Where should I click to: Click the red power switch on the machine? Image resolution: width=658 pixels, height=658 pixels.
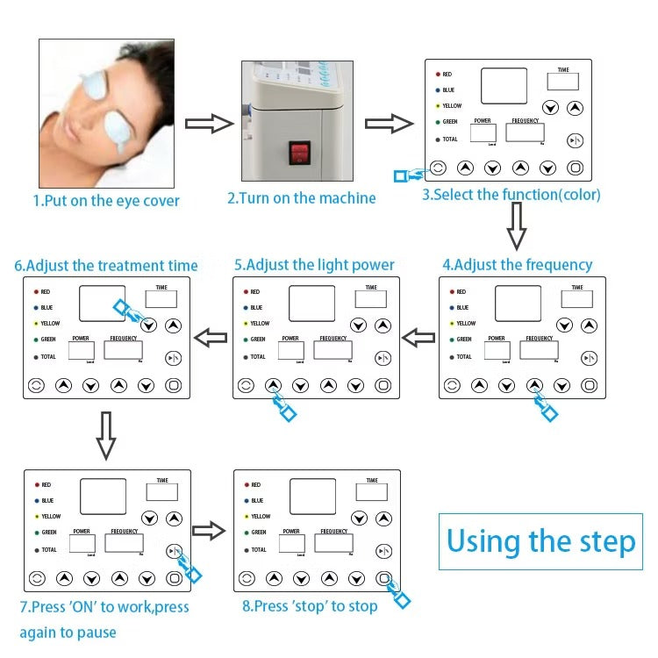click(300, 154)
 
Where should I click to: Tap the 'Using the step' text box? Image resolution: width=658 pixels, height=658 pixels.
click(540, 540)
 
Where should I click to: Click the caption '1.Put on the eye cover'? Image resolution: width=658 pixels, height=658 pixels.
click(106, 201)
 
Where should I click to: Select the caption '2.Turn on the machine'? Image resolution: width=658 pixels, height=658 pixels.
click(301, 198)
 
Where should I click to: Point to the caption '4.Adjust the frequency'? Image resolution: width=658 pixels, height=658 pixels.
click(518, 264)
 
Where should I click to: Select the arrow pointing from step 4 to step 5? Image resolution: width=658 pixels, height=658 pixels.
click(418, 337)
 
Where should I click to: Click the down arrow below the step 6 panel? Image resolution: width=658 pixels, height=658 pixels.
click(105, 436)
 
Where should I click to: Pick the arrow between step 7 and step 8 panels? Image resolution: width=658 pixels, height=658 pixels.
click(209, 529)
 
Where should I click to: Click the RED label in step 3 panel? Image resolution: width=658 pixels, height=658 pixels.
click(447, 75)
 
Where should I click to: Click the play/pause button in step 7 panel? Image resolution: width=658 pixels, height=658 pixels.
click(174, 551)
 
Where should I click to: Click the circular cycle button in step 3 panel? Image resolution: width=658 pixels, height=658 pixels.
click(437, 168)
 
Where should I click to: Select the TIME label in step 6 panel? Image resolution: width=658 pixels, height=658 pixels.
click(161, 287)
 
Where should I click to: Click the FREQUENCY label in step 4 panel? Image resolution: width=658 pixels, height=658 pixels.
click(539, 338)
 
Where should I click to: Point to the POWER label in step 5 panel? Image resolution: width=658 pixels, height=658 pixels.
click(290, 338)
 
